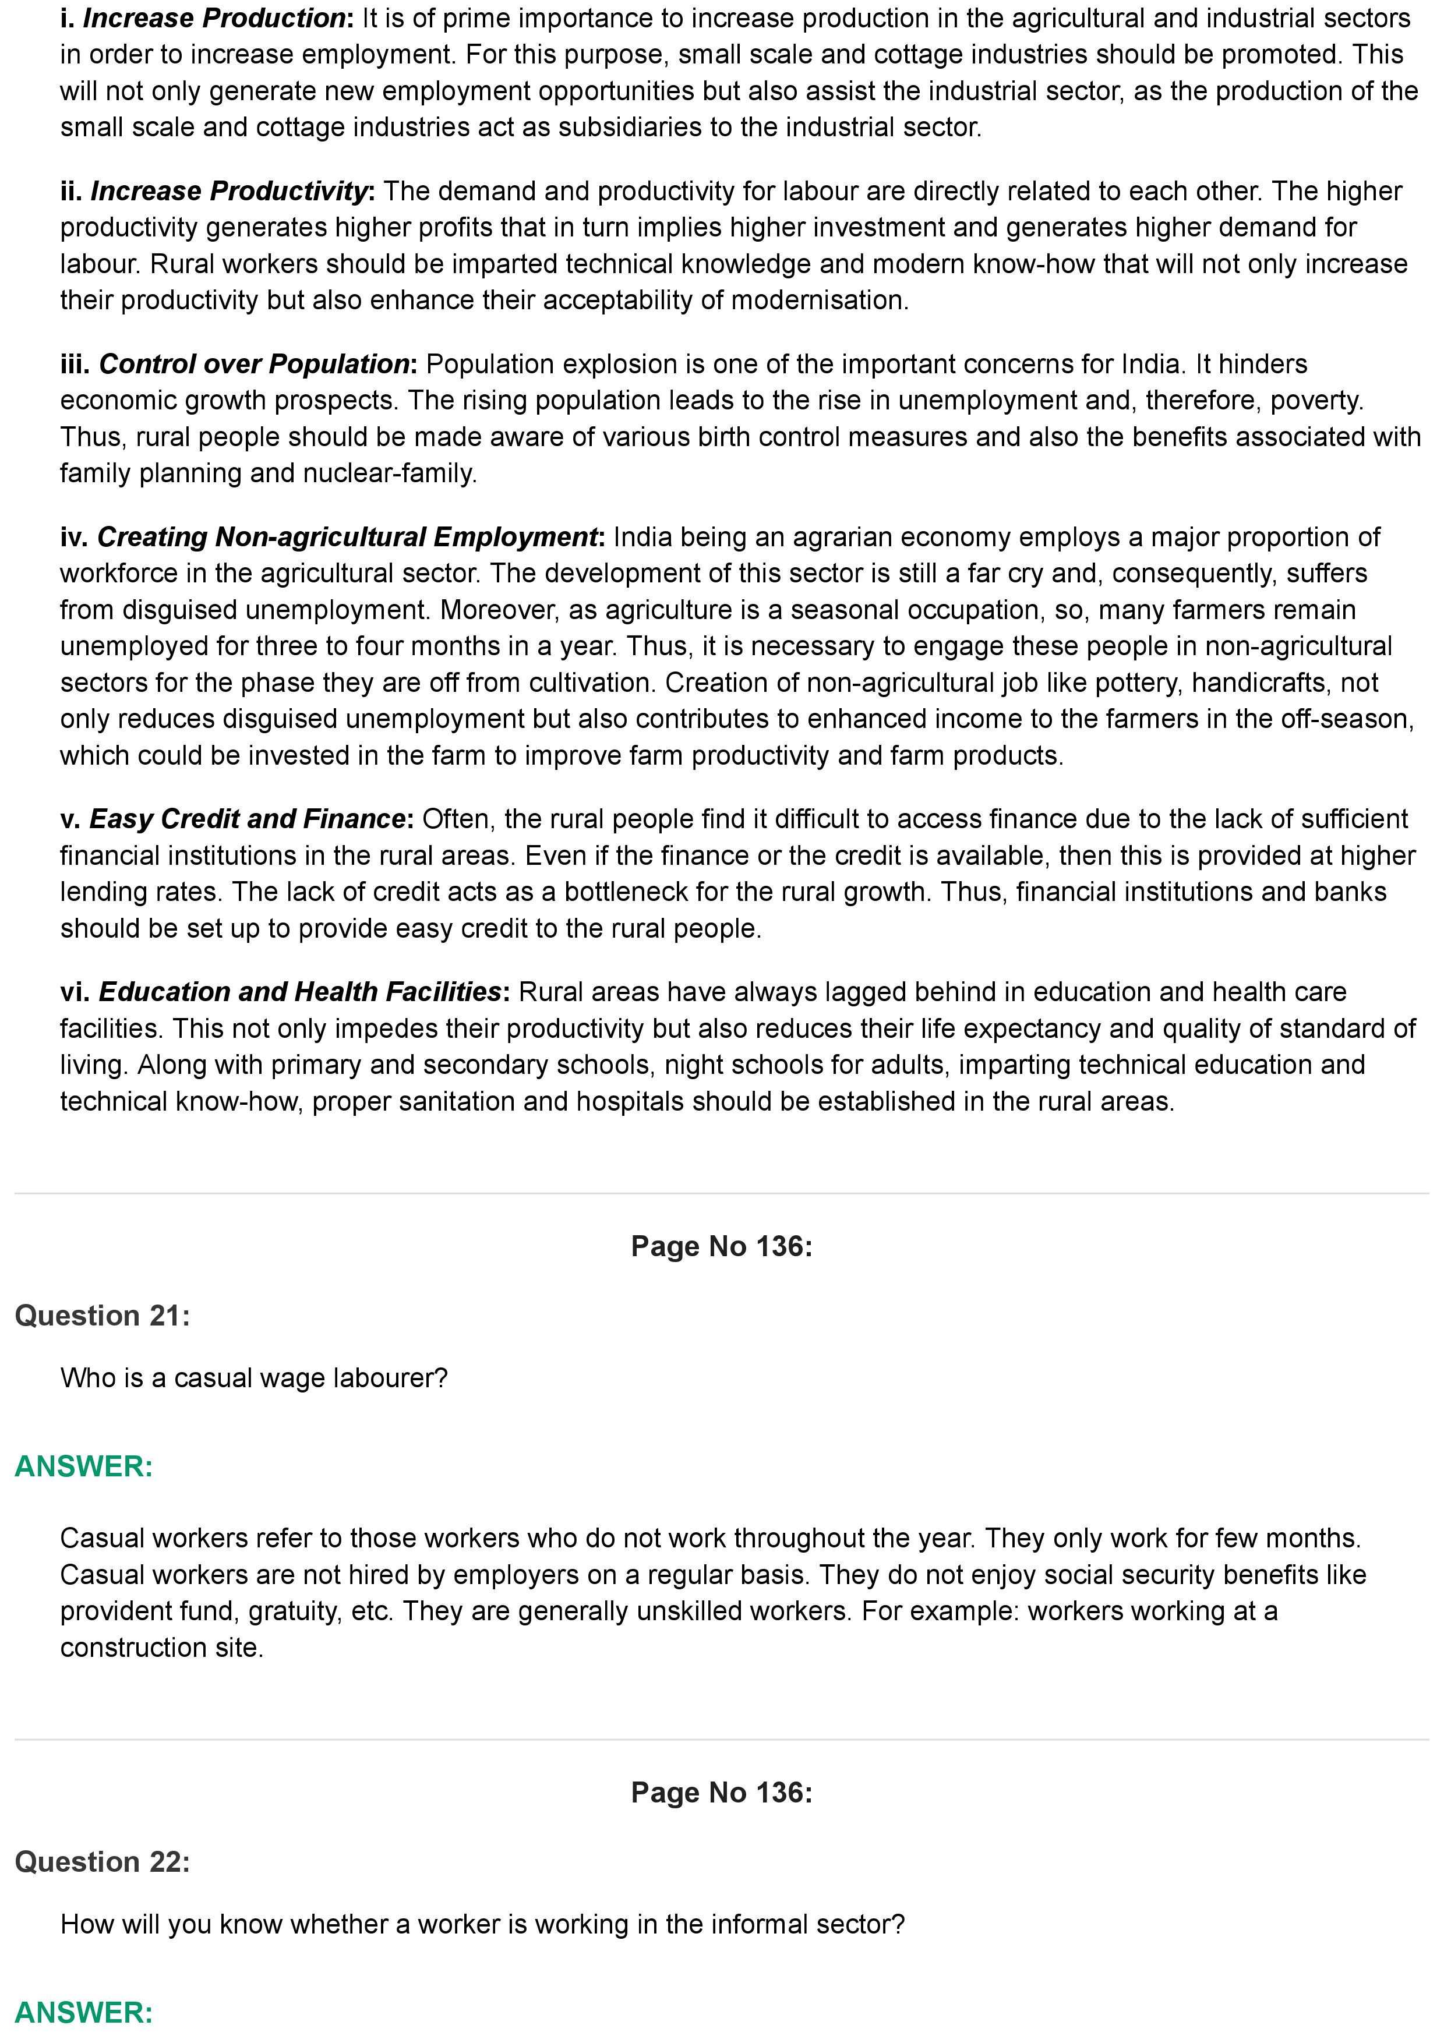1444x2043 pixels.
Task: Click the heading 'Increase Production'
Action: coord(214,18)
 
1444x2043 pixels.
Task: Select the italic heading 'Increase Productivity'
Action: coord(229,190)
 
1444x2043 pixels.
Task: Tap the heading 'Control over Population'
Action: coord(253,364)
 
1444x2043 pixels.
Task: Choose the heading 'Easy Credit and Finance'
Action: coord(248,819)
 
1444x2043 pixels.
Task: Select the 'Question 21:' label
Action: coord(103,1315)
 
